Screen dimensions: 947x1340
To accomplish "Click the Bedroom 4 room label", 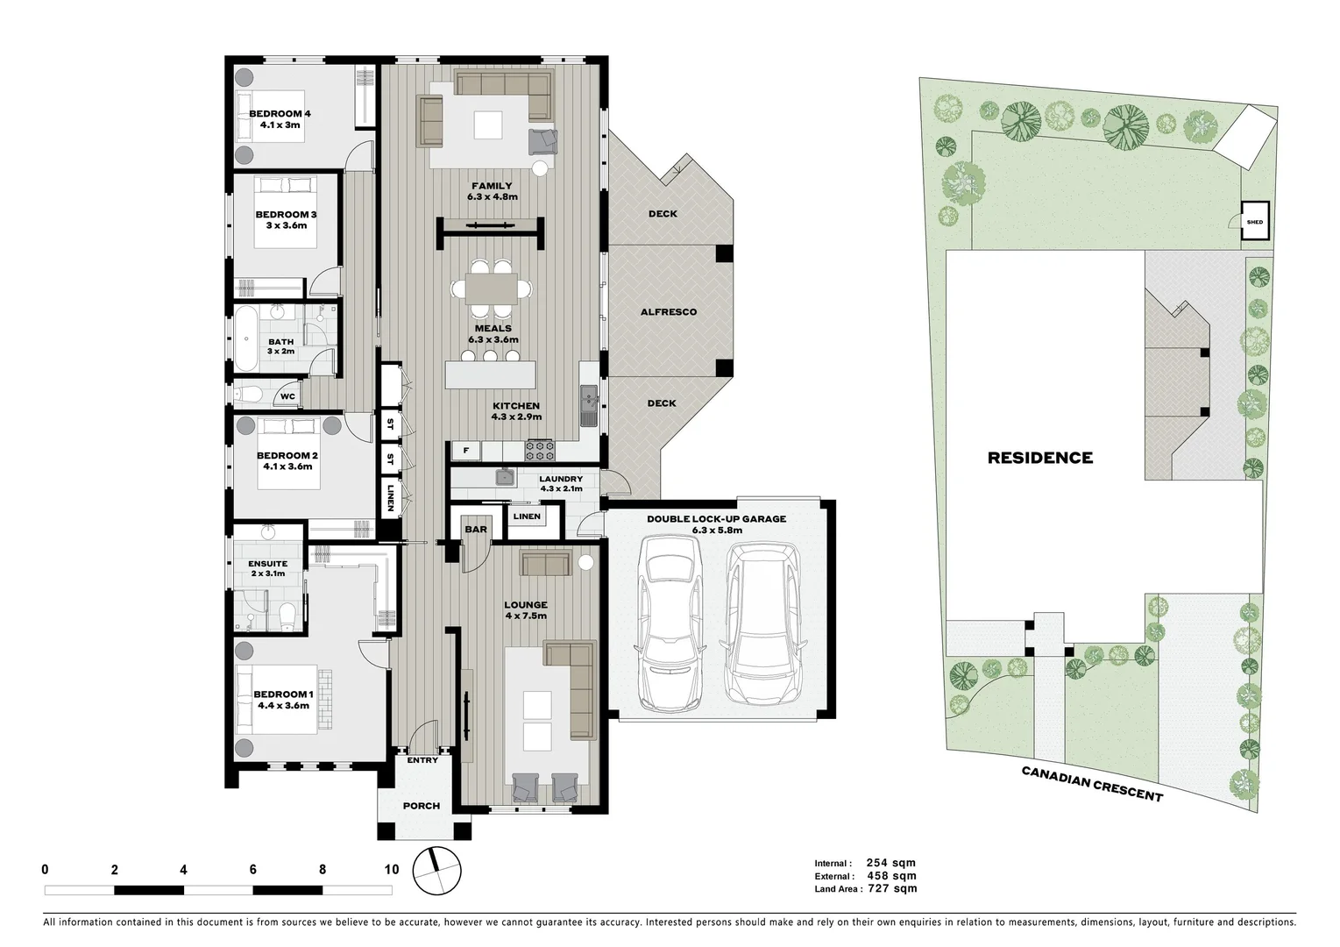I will pos(280,114).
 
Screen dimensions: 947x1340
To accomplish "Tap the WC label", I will pos(287,397).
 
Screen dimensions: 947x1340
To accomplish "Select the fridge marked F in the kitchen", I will pos(466,452).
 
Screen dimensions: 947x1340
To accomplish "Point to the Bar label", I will pos(476,530).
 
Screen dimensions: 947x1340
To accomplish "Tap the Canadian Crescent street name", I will pos(1092,782).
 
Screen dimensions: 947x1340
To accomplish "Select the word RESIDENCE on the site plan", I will pos(1039,458).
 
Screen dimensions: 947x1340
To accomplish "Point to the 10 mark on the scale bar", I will pos(391,870).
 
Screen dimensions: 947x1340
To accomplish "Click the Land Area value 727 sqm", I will pos(892,889).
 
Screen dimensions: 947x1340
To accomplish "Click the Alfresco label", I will pos(668,312).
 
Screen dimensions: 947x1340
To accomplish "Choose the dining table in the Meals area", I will pos(493,288).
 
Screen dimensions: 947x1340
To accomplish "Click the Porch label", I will pos(421,806).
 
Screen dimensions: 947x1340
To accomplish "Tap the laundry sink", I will pos(505,478).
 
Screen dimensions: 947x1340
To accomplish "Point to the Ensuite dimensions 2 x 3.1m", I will pos(268,573).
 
